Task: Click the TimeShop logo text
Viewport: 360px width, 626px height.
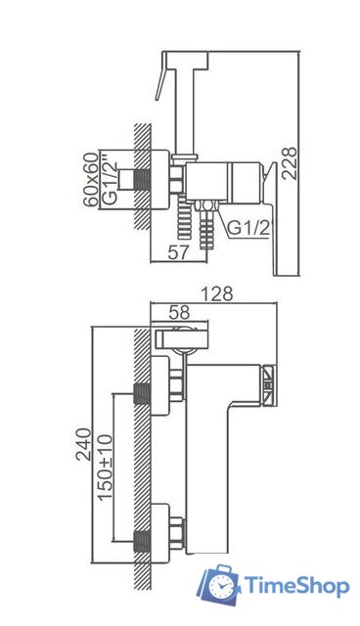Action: point(295,587)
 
